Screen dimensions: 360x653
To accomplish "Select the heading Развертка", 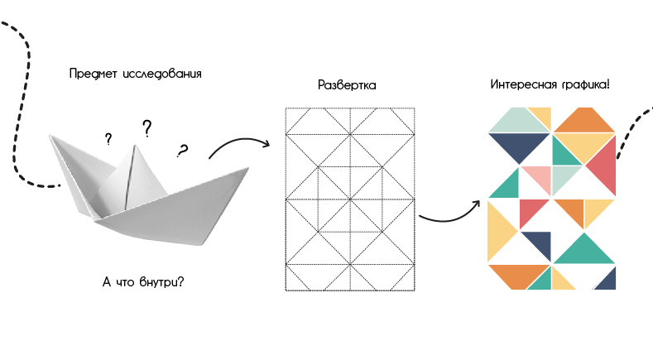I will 347,85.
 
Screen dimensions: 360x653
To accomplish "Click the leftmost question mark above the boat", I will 108,139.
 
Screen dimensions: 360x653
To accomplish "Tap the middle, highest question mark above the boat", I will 146,128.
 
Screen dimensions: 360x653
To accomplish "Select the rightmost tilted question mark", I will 182,151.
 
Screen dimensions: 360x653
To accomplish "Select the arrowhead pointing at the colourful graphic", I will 478,203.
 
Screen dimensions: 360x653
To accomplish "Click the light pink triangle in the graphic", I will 538,179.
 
